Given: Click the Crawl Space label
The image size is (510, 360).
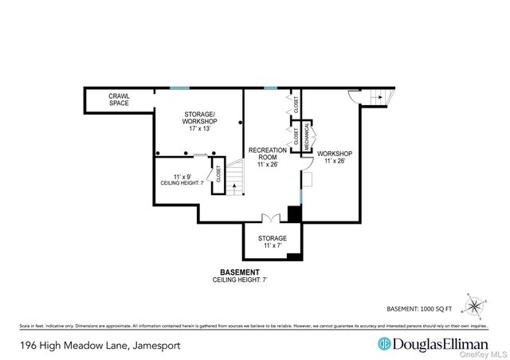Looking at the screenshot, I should click(119, 100).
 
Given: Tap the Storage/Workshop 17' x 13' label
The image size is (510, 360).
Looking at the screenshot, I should click(199, 123).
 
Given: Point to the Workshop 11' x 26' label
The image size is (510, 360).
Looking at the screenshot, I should click(335, 157).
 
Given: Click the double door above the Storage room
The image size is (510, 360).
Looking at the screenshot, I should click(272, 217).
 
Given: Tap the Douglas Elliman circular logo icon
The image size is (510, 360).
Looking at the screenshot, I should click(383, 344).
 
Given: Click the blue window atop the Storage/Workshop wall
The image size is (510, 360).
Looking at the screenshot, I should click(179, 87).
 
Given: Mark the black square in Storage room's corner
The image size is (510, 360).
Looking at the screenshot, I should click(294, 256).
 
